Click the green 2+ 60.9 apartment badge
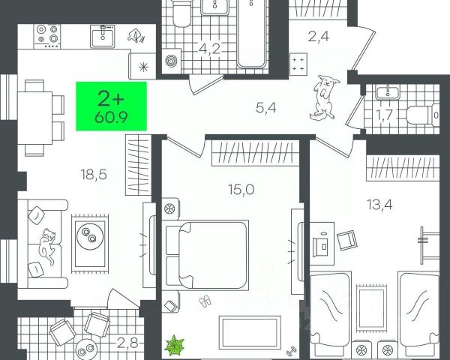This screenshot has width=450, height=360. coord(112,106)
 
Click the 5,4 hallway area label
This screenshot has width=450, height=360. coord(265,108)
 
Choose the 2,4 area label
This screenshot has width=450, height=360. coord(318,34)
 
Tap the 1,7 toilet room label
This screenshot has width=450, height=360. coord(385,115)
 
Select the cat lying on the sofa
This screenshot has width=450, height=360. coord(48,246)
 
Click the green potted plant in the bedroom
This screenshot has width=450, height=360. coord(175,346)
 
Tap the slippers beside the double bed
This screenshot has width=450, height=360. coord(205,301)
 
